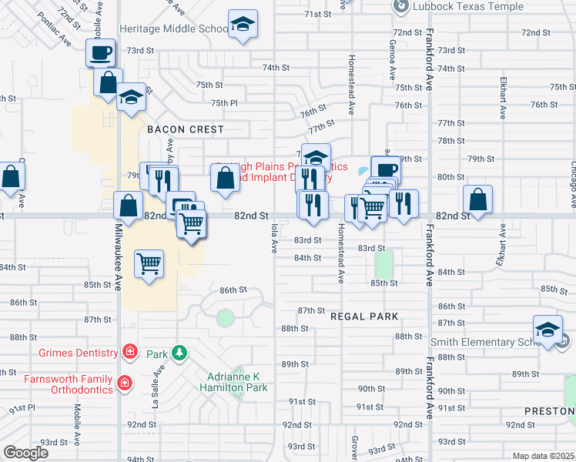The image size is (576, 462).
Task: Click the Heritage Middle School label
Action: pyautogui.click(x=173, y=28)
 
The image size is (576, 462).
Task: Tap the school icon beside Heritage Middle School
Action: pyautogui.click(x=243, y=25)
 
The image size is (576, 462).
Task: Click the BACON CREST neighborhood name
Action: pyautogui.click(x=186, y=130)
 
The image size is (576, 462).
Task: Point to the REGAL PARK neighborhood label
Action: pyautogui.click(x=364, y=316)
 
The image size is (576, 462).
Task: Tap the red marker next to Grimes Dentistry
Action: pyautogui.click(x=129, y=353)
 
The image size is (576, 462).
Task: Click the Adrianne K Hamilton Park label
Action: pyautogui.click(x=237, y=382)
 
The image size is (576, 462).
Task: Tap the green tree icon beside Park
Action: pyautogui.click(x=179, y=353)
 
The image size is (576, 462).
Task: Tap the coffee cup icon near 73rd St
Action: pyautogui.click(x=100, y=53)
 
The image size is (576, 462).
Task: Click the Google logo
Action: pyautogui.click(x=25, y=453)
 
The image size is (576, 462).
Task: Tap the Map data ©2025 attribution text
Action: pyautogui.click(x=544, y=456)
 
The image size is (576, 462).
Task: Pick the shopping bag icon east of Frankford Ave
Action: pyautogui.click(x=478, y=199)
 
